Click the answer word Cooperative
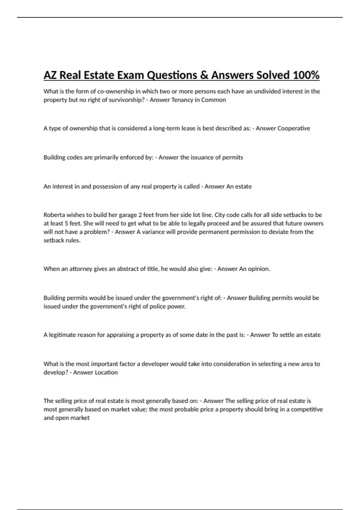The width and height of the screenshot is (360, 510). click(x=294, y=128)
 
